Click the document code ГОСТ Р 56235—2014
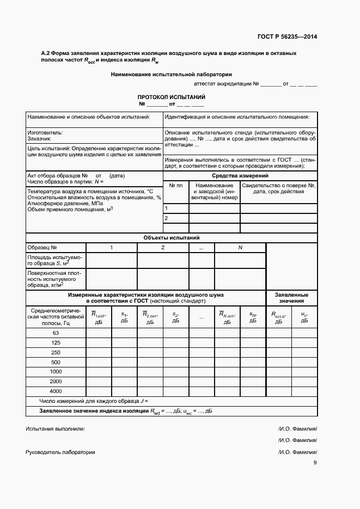287,37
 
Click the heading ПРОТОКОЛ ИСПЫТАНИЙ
171,96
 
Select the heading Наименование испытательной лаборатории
171,74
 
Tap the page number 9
315,463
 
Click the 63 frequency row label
56,333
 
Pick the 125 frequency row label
56,342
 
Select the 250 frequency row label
56,352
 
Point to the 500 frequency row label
56,362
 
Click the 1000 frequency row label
56,371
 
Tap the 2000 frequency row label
56,381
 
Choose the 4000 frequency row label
56,391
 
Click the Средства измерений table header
240,176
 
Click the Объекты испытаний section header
171,238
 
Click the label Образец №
42,248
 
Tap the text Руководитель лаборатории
60,452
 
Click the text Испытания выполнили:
55,428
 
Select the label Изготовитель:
45,132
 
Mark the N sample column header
240,248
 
